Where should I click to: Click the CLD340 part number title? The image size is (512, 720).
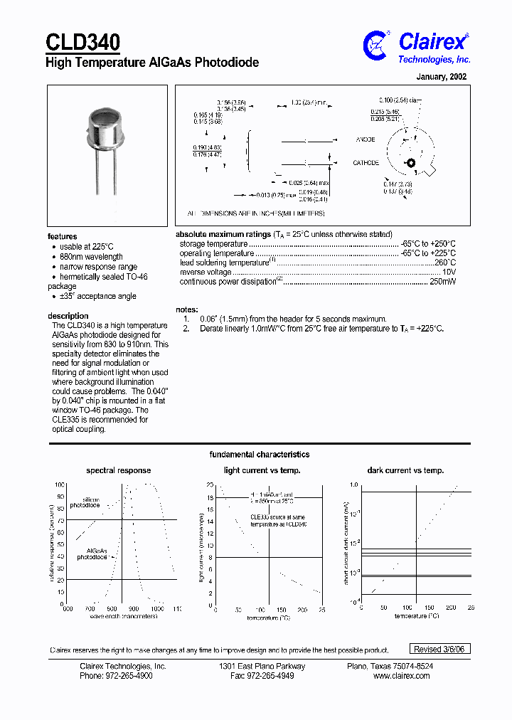(x=82, y=42)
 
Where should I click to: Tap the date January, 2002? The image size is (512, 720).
(x=441, y=77)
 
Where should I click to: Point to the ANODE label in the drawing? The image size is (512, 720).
(x=366, y=139)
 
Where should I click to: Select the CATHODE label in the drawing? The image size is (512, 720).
(x=366, y=163)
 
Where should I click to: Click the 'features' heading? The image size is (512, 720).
(x=63, y=236)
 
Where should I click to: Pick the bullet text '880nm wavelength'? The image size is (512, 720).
(x=91, y=257)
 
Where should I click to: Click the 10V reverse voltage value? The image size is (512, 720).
(x=449, y=272)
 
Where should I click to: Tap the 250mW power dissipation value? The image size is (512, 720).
(x=443, y=282)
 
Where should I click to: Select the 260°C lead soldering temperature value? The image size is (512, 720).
(x=444, y=263)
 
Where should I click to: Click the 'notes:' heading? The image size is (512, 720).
(x=186, y=309)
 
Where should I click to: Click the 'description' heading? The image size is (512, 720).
(x=68, y=316)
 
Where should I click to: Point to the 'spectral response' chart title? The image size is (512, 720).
(x=118, y=470)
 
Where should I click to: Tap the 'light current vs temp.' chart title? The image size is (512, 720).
(x=262, y=470)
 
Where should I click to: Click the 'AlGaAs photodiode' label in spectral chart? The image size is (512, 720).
(x=97, y=554)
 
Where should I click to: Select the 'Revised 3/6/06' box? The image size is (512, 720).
(x=442, y=649)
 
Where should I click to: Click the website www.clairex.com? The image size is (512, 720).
(x=402, y=676)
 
